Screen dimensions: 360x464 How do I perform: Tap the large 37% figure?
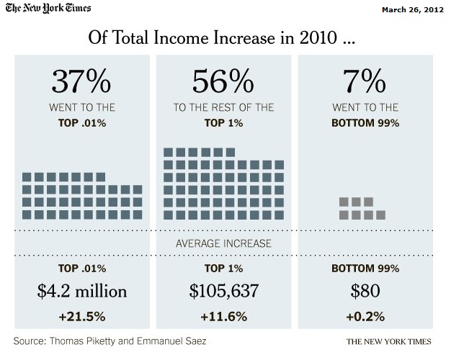coord(81,82)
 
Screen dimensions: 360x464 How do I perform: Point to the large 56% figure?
coord(224,82)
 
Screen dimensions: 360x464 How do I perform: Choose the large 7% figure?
coord(365,82)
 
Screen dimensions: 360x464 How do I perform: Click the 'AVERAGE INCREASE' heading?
coord(224,243)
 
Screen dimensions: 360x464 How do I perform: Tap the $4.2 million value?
coord(81,292)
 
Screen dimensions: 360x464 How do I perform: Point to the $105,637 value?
coord(224,292)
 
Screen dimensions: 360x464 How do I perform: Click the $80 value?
coord(365,292)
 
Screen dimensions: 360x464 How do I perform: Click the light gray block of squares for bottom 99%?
coord(362,208)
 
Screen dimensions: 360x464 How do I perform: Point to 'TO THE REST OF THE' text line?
coord(224,107)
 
